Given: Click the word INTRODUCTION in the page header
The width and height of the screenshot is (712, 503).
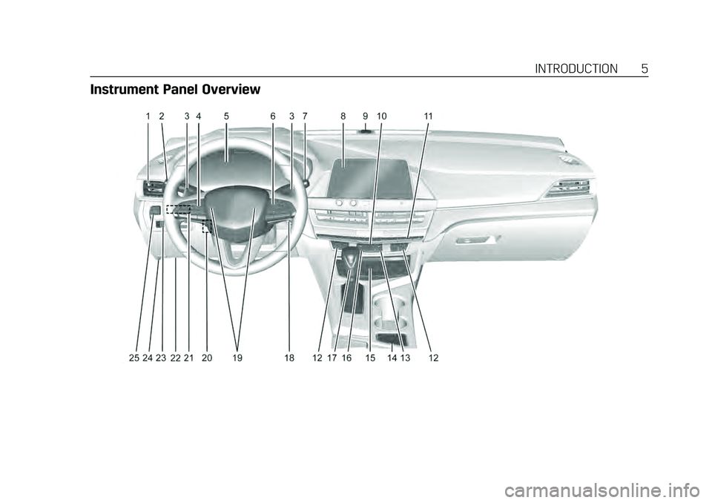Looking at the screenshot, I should click(x=576, y=69).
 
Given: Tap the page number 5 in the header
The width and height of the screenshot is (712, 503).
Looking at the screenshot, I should click(x=645, y=69).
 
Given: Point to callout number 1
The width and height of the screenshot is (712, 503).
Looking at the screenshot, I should click(x=148, y=116).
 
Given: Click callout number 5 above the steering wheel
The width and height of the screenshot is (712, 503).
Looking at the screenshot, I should click(x=225, y=116).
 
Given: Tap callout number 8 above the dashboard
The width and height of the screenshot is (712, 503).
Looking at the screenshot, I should click(x=343, y=116).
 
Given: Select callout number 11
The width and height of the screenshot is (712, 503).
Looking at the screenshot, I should click(x=428, y=116).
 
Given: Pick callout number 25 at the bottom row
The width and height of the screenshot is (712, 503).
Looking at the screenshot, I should click(x=133, y=358).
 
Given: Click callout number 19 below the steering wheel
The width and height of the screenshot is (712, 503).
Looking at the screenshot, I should click(x=237, y=358).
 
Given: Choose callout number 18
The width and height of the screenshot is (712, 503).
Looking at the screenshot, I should click(x=289, y=358).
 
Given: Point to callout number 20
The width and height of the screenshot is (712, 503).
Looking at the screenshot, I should click(x=206, y=358).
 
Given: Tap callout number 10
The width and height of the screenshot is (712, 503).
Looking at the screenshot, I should click(x=381, y=116).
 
